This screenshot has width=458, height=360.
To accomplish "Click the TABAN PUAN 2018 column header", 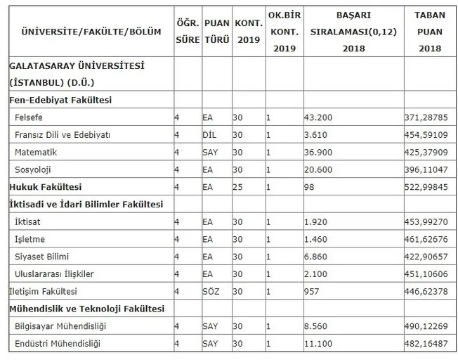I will (429, 32).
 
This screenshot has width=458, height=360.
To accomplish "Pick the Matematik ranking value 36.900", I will (318, 152).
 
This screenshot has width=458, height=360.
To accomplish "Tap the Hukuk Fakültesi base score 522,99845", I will (428, 187).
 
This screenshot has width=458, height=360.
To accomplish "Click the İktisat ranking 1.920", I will (316, 221).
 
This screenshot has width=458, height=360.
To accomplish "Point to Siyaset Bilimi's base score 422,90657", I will (428, 257).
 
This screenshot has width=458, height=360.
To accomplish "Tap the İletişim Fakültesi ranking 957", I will (313, 291).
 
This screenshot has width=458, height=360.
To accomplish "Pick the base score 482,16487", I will (428, 344).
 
